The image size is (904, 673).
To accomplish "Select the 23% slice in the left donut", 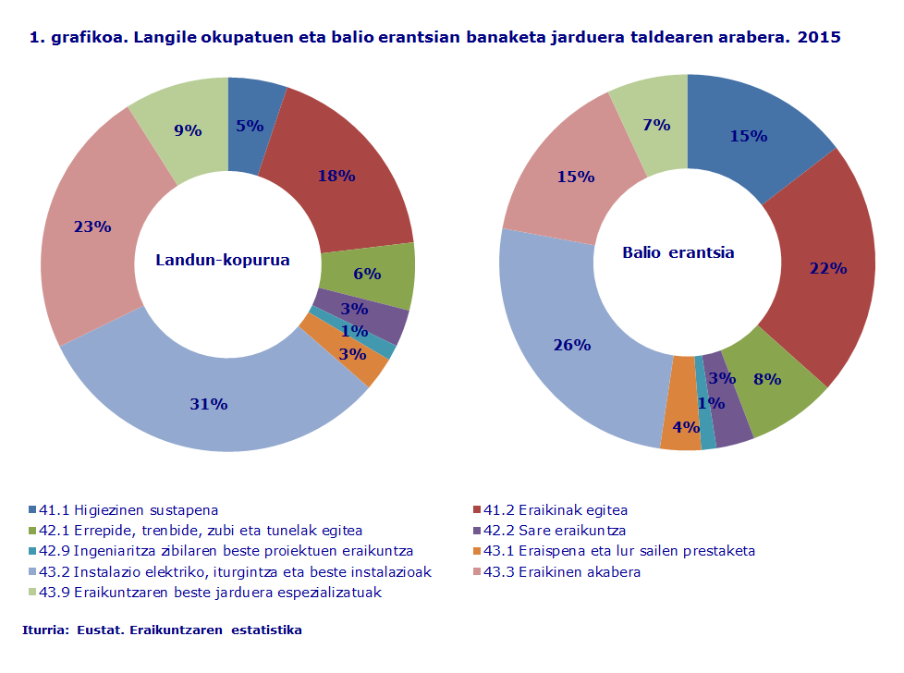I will click(92, 226).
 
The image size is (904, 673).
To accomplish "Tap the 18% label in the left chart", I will click(336, 176).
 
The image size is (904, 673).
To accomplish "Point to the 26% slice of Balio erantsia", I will click(572, 346).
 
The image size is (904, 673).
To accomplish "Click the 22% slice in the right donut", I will click(827, 268).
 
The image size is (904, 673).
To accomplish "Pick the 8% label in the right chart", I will click(767, 379).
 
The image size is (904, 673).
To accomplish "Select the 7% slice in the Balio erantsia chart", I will click(656, 125).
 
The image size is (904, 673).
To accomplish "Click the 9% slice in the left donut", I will click(188, 130).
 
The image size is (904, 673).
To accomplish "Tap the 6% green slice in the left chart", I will click(367, 274).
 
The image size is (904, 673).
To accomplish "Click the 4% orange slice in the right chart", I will click(685, 428).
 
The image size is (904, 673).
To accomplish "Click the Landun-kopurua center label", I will click(222, 261).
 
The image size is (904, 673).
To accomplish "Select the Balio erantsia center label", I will click(678, 252).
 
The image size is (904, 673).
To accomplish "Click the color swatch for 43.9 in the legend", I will click(32, 592).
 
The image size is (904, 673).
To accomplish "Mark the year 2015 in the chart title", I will click(819, 38).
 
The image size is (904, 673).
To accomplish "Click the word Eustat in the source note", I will click(97, 630).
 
